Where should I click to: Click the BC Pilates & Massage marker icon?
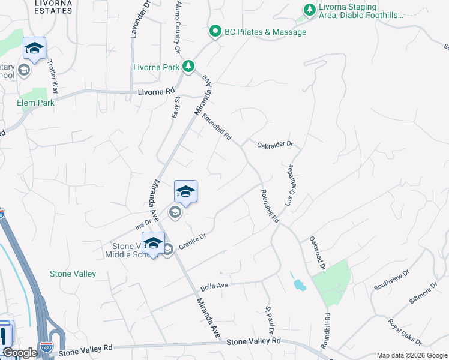pyautogui.click(x=215, y=31)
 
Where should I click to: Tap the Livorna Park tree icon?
pyautogui.click(x=188, y=66)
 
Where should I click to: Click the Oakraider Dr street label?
pyautogui.click(x=274, y=144)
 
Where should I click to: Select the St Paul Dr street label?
pyautogui.click(x=270, y=320)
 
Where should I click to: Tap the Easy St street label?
pyautogui.click(x=176, y=108)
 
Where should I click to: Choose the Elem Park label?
pyautogui.click(x=36, y=103)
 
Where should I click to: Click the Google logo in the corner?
pyautogui.click(x=19, y=353)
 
